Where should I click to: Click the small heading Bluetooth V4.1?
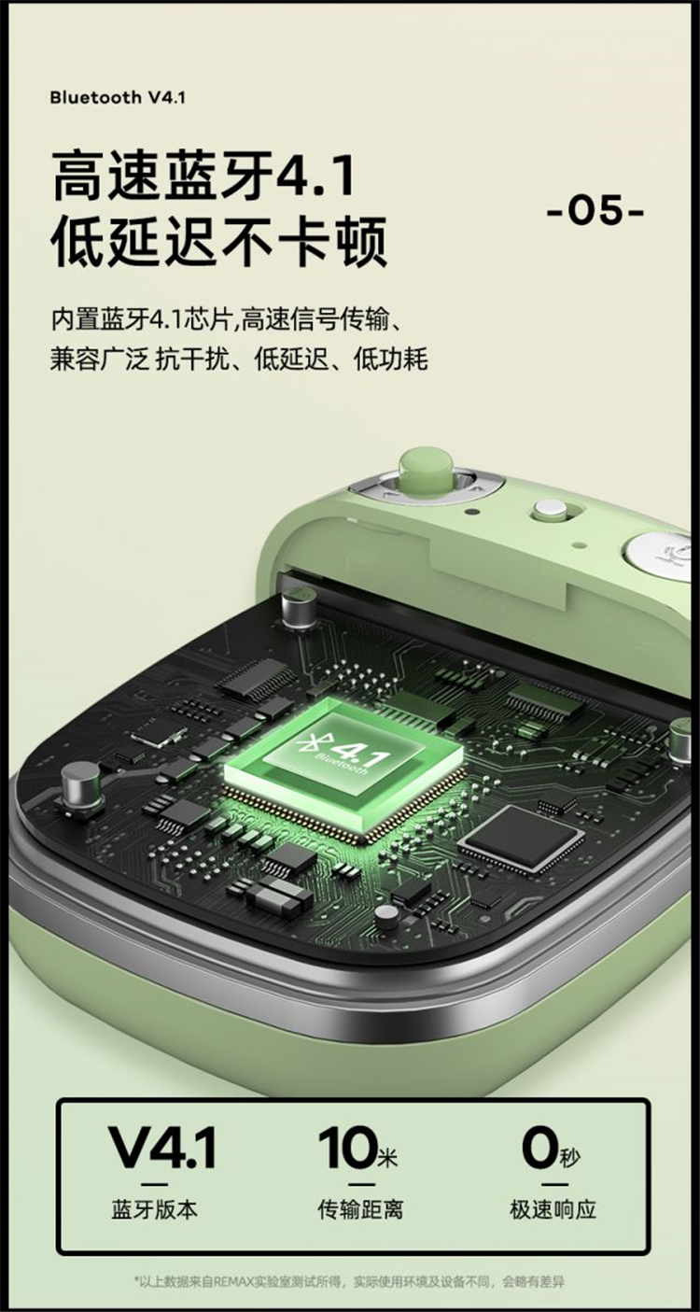point(117,97)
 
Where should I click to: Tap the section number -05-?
point(595,211)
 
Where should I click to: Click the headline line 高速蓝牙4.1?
point(203,175)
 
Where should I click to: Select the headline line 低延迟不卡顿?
point(219,241)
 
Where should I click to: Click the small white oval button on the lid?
point(550,509)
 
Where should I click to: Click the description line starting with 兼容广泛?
point(239,359)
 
